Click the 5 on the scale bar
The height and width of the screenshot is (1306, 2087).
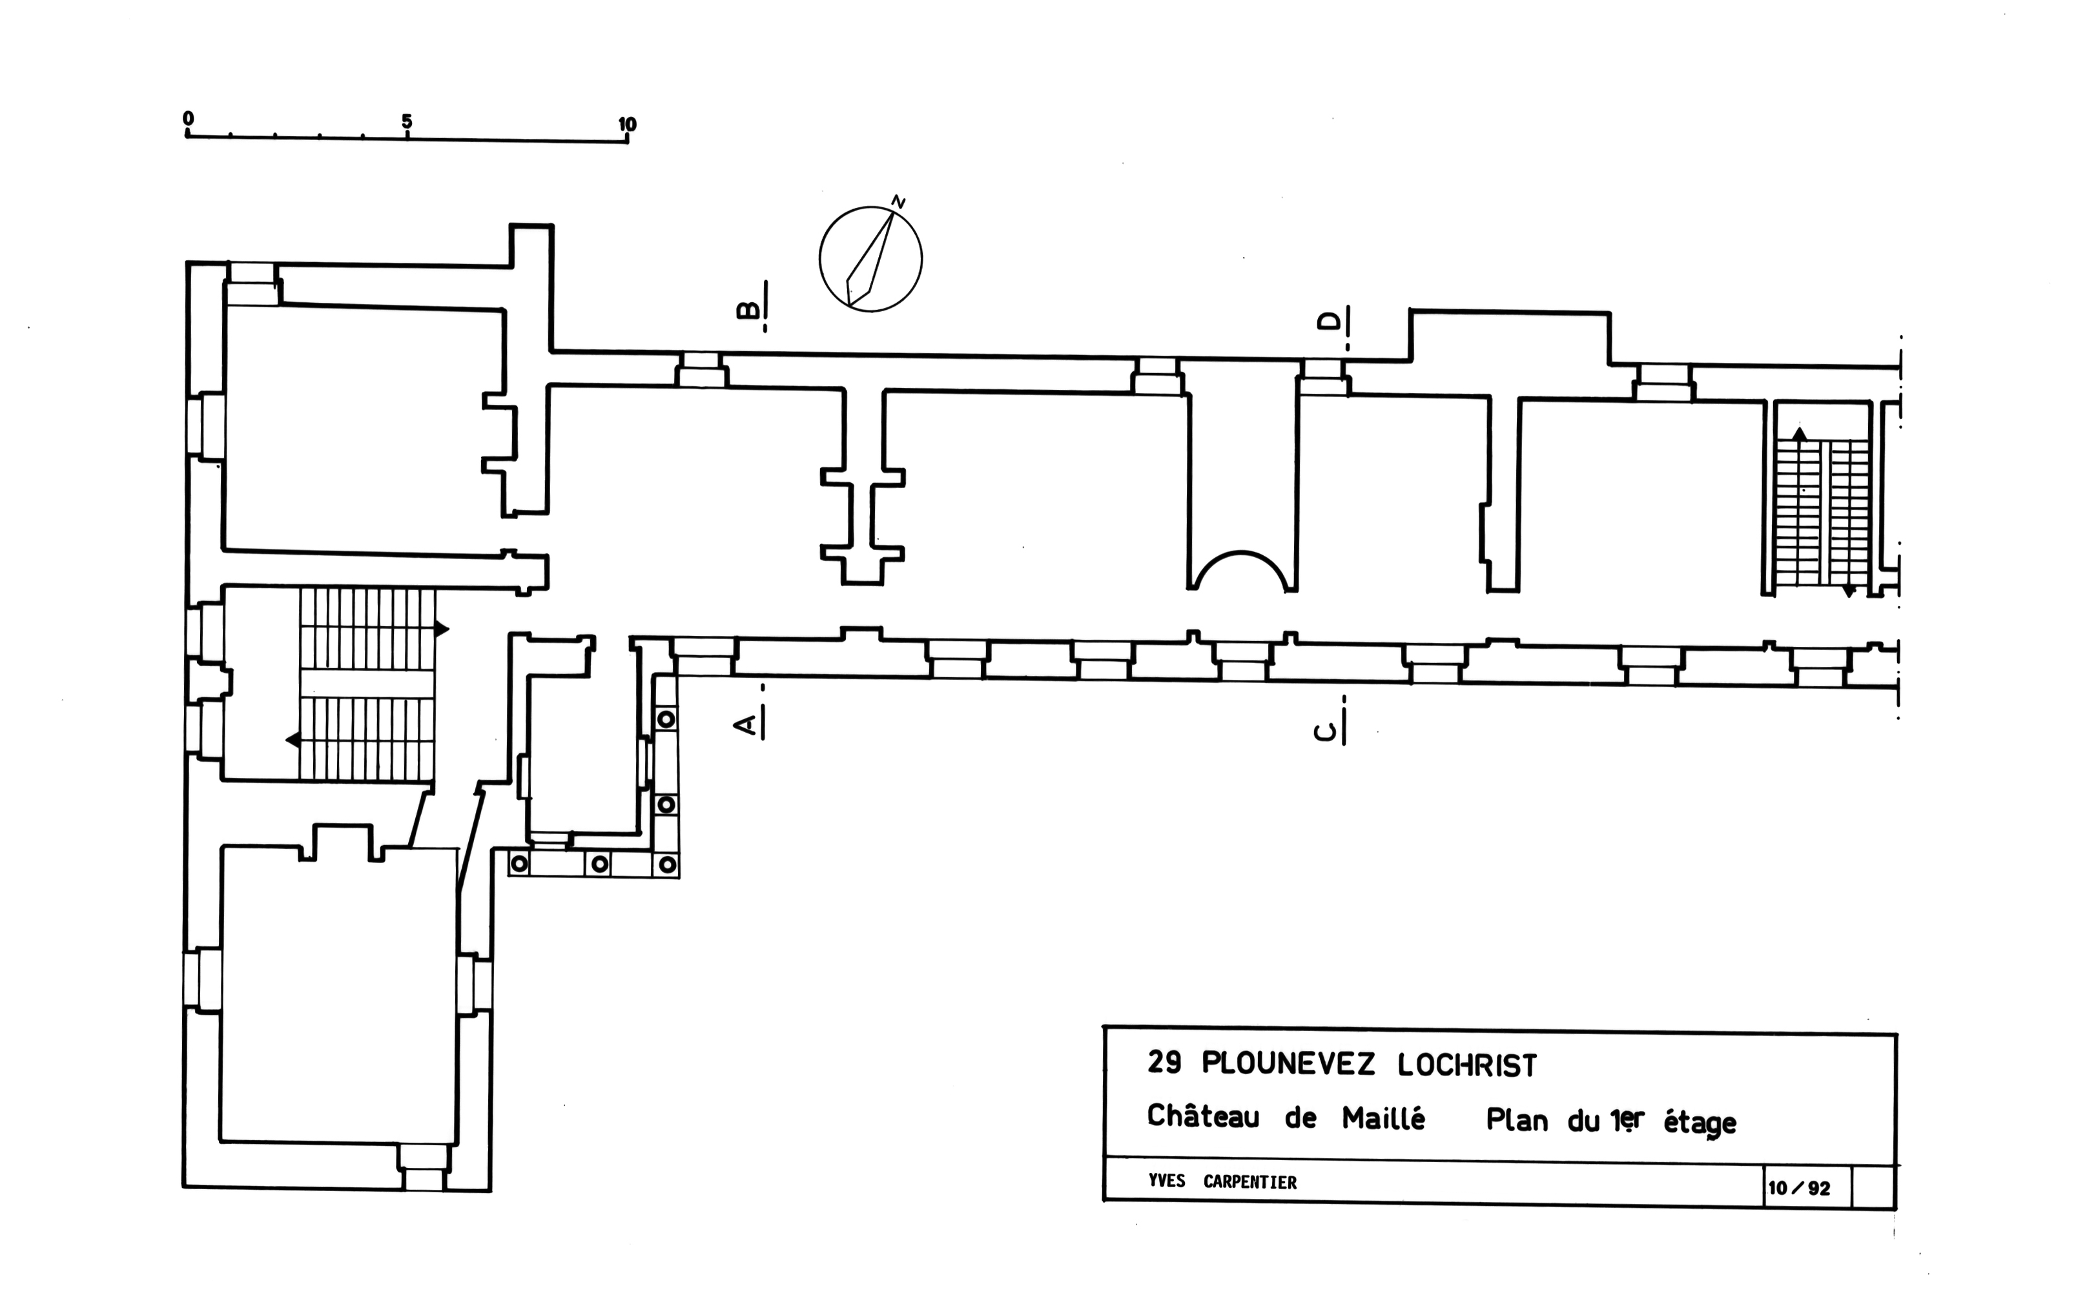click(407, 122)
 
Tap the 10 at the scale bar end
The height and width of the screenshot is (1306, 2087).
click(627, 125)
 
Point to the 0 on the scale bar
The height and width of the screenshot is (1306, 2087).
click(189, 119)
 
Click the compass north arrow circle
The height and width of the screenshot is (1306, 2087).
click(870, 259)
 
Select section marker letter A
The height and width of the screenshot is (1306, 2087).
click(746, 724)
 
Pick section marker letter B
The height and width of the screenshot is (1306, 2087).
click(748, 309)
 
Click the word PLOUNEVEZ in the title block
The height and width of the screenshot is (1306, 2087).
click(1287, 1063)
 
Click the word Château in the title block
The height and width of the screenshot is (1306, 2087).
click(1202, 1116)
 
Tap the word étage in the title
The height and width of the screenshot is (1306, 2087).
click(1699, 1123)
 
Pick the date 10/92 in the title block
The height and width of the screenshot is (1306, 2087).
click(1798, 1189)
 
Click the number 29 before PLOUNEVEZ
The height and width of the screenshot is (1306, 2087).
click(1164, 1063)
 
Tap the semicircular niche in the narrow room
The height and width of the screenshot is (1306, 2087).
click(1242, 571)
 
